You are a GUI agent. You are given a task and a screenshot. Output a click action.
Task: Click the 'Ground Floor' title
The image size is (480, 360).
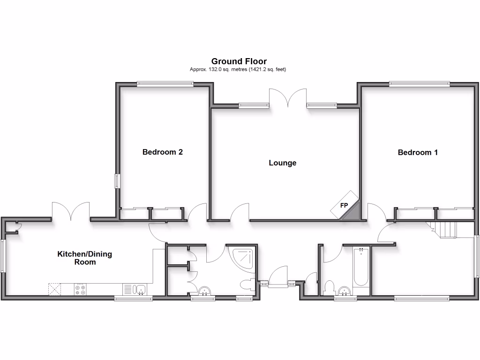tap(239, 61)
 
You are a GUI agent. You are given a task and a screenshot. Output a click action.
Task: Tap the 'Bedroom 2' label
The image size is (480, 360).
tap(162, 152)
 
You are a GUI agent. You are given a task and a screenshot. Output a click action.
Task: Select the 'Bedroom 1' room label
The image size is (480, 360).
tap(418, 152)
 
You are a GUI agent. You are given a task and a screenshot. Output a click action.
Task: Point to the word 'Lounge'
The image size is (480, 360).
tap(282, 163)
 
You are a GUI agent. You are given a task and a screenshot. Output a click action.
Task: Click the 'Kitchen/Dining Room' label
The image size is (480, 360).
tap(84, 258)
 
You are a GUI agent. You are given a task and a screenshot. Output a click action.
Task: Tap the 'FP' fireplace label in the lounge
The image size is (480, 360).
tap(344, 206)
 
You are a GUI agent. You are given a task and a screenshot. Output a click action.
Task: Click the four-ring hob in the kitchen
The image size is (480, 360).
tap(80, 289)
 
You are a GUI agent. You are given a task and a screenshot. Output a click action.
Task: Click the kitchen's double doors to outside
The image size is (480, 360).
tap(70, 211)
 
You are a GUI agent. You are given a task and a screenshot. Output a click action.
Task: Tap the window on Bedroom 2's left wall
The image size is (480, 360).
tap(117, 181)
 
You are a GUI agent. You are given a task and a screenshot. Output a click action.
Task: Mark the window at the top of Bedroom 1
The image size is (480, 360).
tap(419, 84)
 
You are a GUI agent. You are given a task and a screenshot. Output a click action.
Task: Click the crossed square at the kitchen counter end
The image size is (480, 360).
tap(55, 289)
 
